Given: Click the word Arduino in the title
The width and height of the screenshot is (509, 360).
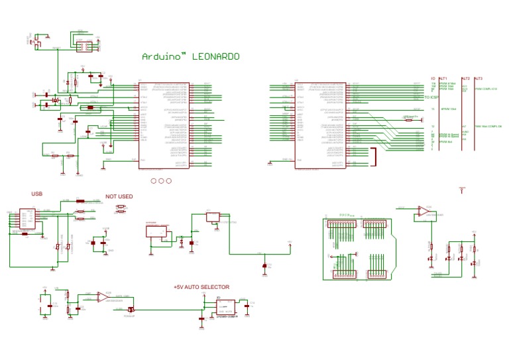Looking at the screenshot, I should [x=160, y=57].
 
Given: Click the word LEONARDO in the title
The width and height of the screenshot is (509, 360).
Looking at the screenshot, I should [x=215, y=57].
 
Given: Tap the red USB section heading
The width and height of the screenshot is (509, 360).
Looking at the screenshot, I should [x=36, y=194].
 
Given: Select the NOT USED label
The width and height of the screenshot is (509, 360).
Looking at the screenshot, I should [x=119, y=197].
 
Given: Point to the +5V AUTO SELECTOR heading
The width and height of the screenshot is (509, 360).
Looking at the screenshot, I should [x=201, y=287].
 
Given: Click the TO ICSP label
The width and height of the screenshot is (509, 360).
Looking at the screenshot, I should [x=431, y=98].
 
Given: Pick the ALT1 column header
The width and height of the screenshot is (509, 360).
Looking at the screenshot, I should [x=443, y=78].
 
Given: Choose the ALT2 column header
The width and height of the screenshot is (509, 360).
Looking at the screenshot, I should [x=465, y=78].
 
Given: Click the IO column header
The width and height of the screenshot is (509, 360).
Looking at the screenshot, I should [x=433, y=78].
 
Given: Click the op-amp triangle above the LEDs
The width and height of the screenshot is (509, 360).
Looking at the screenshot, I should [x=422, y=212].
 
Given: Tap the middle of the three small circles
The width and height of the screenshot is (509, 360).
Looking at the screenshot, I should [x=161, y=180].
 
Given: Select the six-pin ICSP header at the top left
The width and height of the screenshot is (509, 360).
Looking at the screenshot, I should [x=84, y=46].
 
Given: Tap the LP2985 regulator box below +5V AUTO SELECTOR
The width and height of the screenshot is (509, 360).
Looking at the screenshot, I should [x=225, y=307].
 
